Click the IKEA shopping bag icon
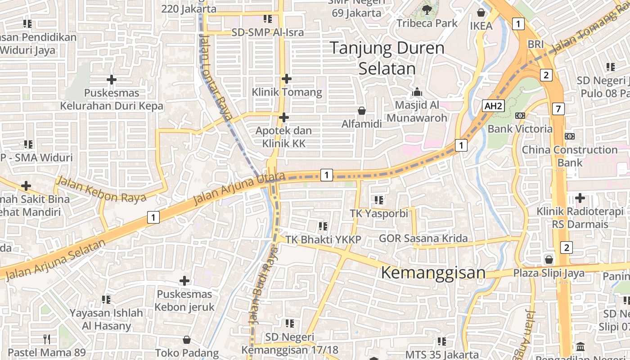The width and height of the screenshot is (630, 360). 481,12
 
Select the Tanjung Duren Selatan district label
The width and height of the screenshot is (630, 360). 387,58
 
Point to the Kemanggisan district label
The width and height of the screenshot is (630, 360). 433,273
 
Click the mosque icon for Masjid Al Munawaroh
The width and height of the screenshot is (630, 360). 417,92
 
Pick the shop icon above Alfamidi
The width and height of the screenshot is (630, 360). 361,110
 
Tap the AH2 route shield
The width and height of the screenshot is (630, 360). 493,106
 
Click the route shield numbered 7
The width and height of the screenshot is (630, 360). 558,108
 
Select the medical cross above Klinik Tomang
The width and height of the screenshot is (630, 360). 287,79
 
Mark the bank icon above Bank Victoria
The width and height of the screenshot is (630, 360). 520,116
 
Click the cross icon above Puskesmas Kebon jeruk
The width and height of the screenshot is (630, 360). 184,281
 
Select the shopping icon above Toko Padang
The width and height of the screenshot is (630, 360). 187,340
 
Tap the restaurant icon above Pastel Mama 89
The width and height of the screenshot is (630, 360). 47,338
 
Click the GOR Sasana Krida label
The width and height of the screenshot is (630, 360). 423,238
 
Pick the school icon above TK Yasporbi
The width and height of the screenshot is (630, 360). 378,200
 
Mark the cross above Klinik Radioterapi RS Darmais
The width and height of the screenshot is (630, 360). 580,198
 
